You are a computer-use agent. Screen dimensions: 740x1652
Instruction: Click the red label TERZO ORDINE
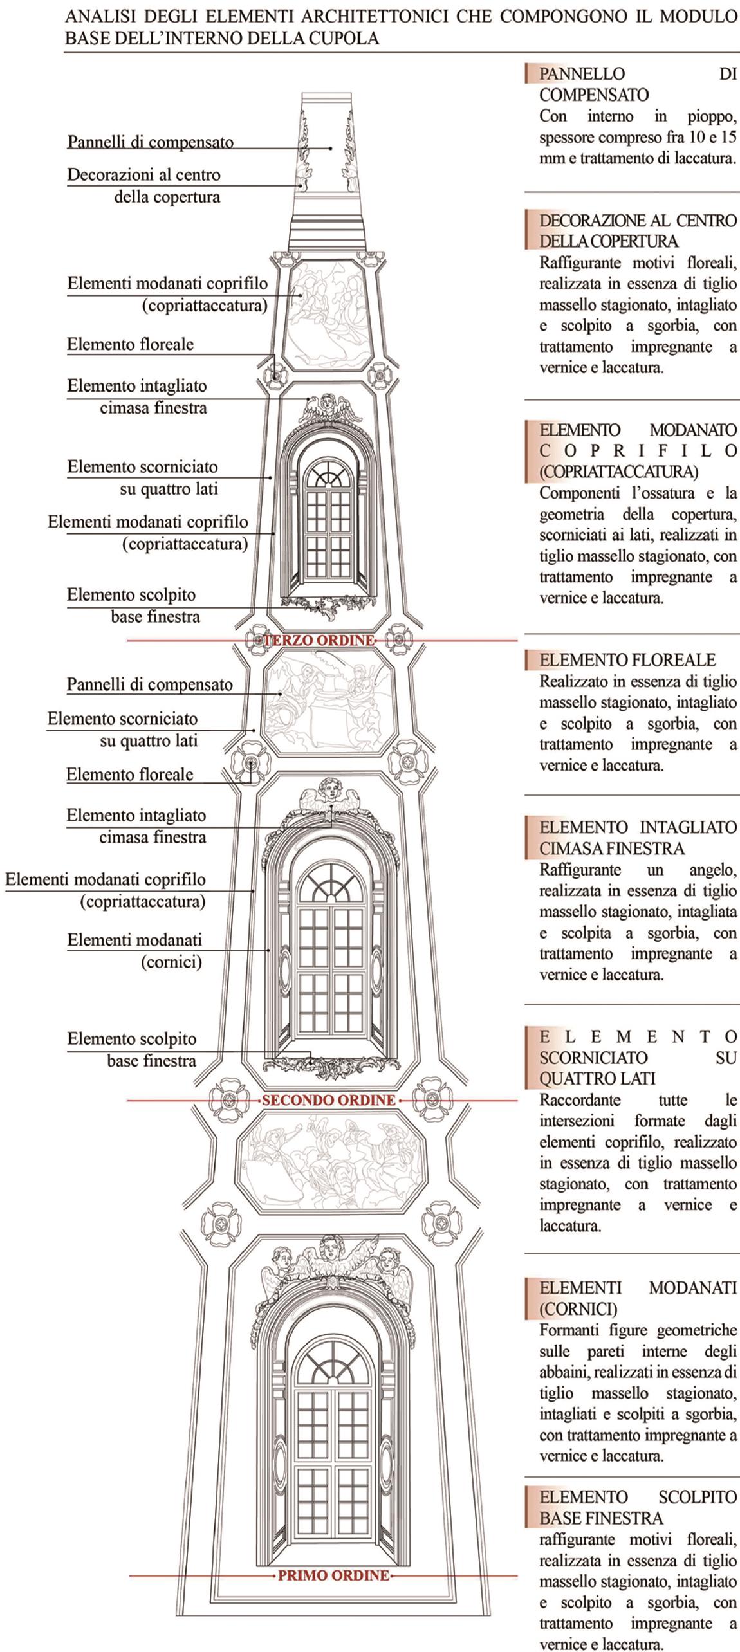(319, 641)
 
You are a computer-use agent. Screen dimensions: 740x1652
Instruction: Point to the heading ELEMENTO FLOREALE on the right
(627, 660)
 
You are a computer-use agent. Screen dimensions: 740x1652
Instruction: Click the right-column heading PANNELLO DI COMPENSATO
(638, 84)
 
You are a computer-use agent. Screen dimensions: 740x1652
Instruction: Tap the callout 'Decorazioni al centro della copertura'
(144, 185)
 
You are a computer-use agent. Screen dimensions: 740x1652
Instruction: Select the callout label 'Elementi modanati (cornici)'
(135, 951)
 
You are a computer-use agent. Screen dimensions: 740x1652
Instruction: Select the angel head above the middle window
(331, 789)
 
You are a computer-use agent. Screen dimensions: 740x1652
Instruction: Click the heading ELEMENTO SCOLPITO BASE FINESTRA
(638, 1508)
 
